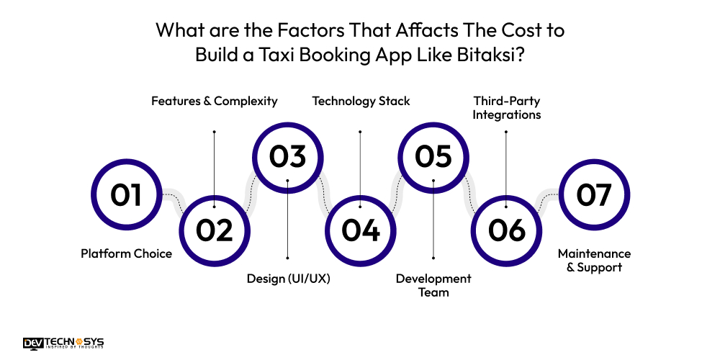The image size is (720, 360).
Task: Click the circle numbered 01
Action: (x=127, y=194)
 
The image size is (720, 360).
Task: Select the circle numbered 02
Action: (x=215, y=230)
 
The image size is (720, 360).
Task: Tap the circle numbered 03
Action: (x=287, y=158)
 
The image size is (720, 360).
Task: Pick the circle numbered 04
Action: (x=361, y=230)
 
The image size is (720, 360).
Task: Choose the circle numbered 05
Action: (x=433, y=158)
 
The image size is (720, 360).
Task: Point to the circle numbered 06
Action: (x=507, y=230)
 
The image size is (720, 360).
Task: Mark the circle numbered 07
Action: (x=594, y=194)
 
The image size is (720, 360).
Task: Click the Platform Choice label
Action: (x=126, y=253)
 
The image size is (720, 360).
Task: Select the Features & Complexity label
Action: (x=214, y=101)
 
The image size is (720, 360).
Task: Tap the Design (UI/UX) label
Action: (x=288, y=279)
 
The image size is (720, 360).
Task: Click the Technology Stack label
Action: (x=361, y=101)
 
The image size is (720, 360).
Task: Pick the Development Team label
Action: (x=433, y=285)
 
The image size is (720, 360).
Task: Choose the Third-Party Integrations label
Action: (x=507, y=107)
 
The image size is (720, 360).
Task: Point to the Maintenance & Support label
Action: (x=594, y=261)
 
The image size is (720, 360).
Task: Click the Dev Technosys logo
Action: (x=63, y=343)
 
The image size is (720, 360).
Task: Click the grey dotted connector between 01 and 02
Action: (x=174, y=198)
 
